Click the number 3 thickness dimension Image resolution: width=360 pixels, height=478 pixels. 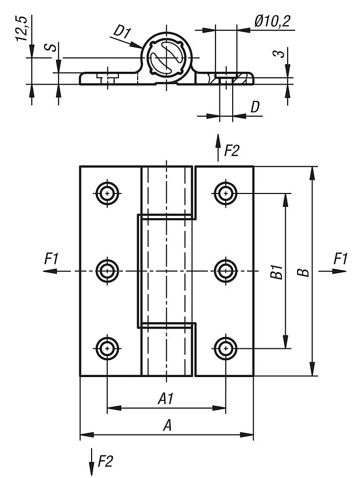[281, 53]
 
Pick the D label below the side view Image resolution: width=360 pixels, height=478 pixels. [255, 107]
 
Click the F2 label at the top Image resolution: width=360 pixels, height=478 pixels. [231, 151]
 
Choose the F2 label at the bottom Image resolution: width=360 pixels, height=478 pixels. [105, 462]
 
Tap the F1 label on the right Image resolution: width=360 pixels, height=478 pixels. [340, 258]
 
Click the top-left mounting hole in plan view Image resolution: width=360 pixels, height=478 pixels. [107, 193]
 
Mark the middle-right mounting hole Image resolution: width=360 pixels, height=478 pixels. [226, 271]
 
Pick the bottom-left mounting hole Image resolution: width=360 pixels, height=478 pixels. [107, 348]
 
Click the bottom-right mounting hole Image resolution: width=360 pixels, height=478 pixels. [226, 348]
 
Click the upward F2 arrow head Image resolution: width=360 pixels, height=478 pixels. [218, 140]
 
